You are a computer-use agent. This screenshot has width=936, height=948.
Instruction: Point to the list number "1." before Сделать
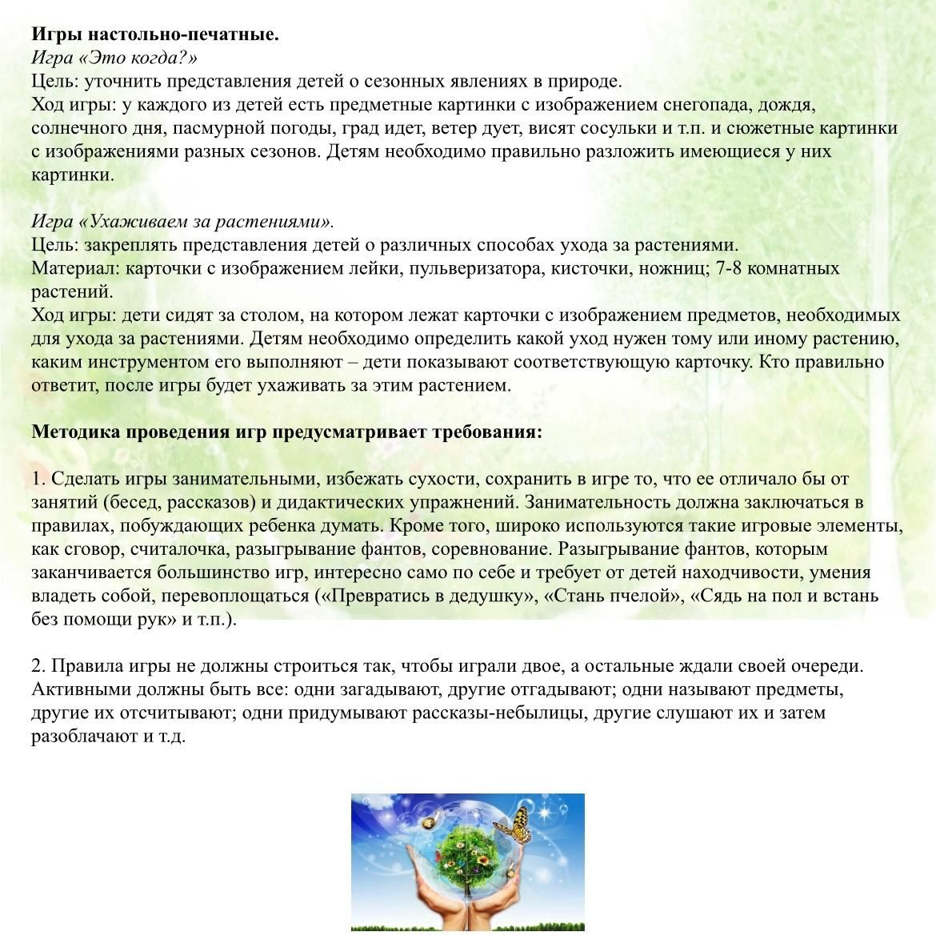39,479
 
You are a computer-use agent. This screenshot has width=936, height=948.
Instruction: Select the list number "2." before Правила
39,666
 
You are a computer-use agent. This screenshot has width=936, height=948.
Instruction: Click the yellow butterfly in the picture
515,825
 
